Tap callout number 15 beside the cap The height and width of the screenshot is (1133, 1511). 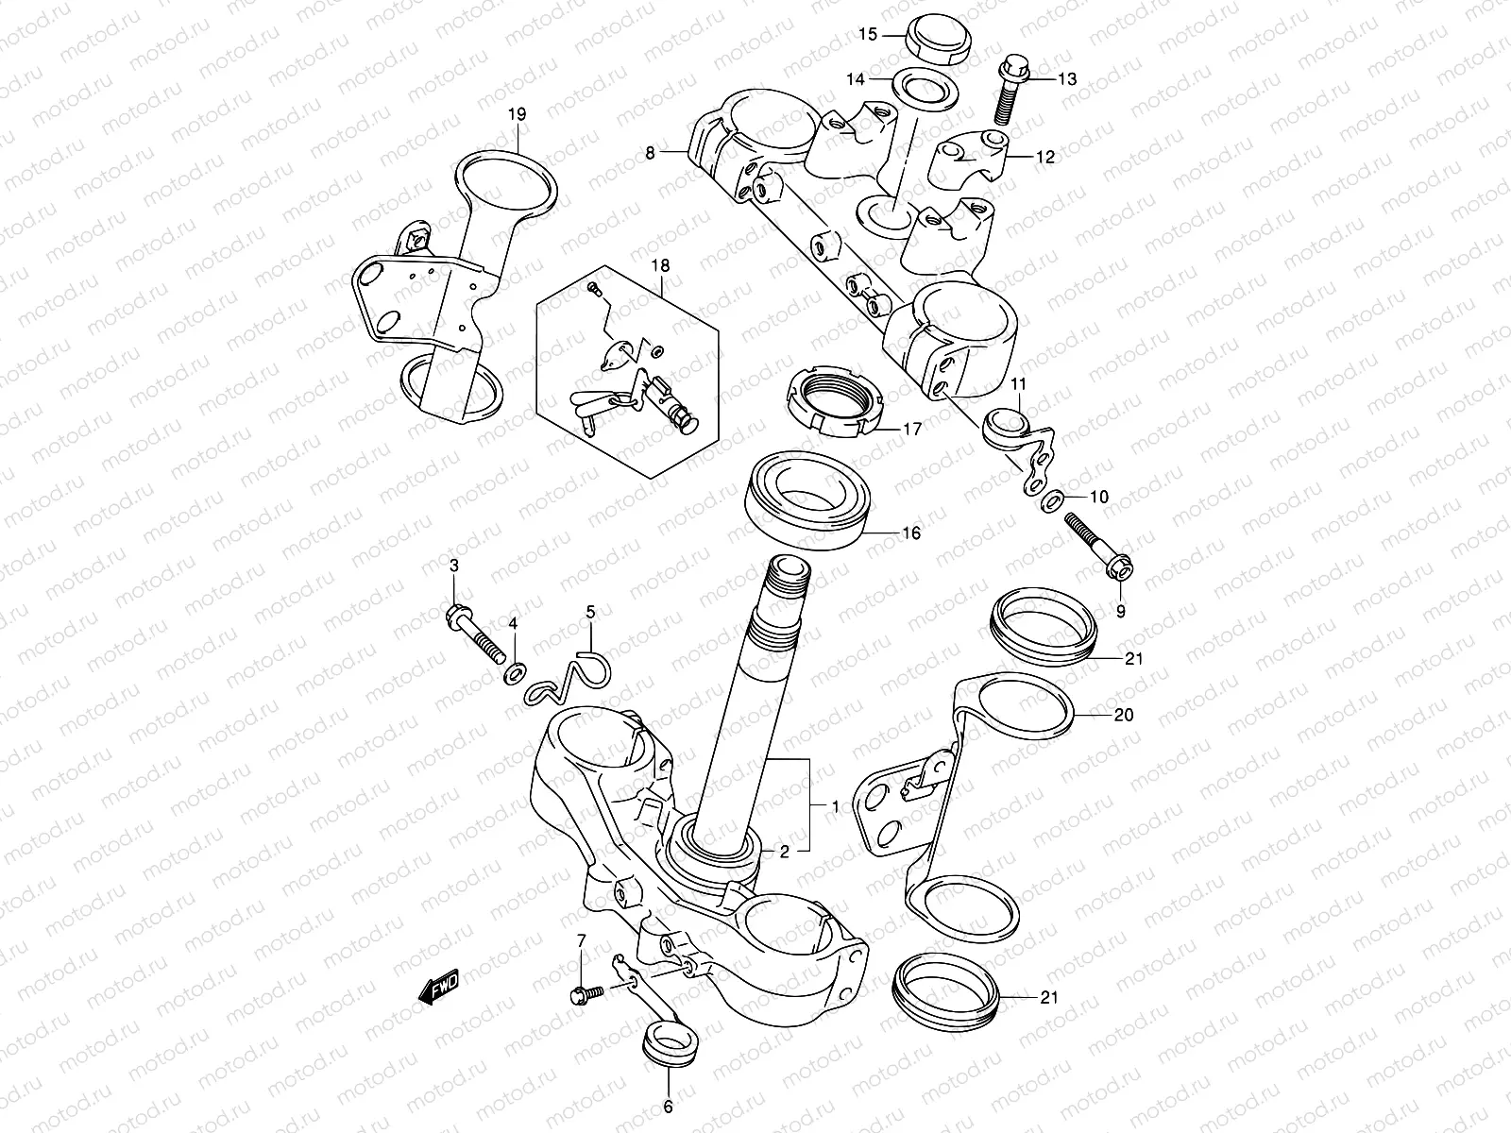tap(868, 35)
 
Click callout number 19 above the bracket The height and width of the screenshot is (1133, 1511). tap(517, 114)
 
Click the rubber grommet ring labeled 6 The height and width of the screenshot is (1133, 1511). tap(665, 1047)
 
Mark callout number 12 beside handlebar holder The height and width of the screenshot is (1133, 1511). tap(1044, 158)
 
